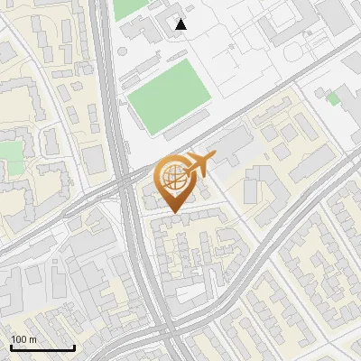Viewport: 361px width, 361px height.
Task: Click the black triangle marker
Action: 181,24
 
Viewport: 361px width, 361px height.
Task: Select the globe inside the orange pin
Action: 172,177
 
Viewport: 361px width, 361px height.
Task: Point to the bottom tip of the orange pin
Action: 172,213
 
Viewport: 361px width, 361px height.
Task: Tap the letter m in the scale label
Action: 33,339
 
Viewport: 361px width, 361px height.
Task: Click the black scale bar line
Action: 42,347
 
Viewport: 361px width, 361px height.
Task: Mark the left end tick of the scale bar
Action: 11,346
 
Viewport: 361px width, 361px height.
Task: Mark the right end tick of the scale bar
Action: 74,346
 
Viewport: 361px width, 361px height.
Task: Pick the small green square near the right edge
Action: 333,97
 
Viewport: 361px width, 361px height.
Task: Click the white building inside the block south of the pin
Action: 185,291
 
